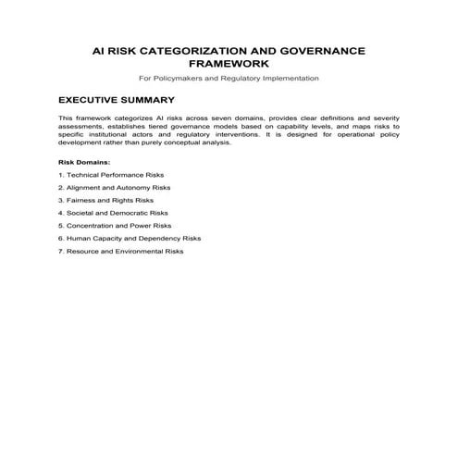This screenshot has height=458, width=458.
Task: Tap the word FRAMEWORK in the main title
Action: click(229, 64)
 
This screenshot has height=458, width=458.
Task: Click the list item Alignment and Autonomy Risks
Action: click(114, 187)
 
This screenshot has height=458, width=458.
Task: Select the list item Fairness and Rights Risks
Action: click(105, 200)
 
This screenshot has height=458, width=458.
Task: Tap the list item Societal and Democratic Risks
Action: click(112, 213)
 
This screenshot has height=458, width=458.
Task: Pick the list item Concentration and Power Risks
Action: click(114, 225)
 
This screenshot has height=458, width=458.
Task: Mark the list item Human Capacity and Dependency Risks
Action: click(129, 238)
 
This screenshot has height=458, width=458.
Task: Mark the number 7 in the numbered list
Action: click(60, 251)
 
